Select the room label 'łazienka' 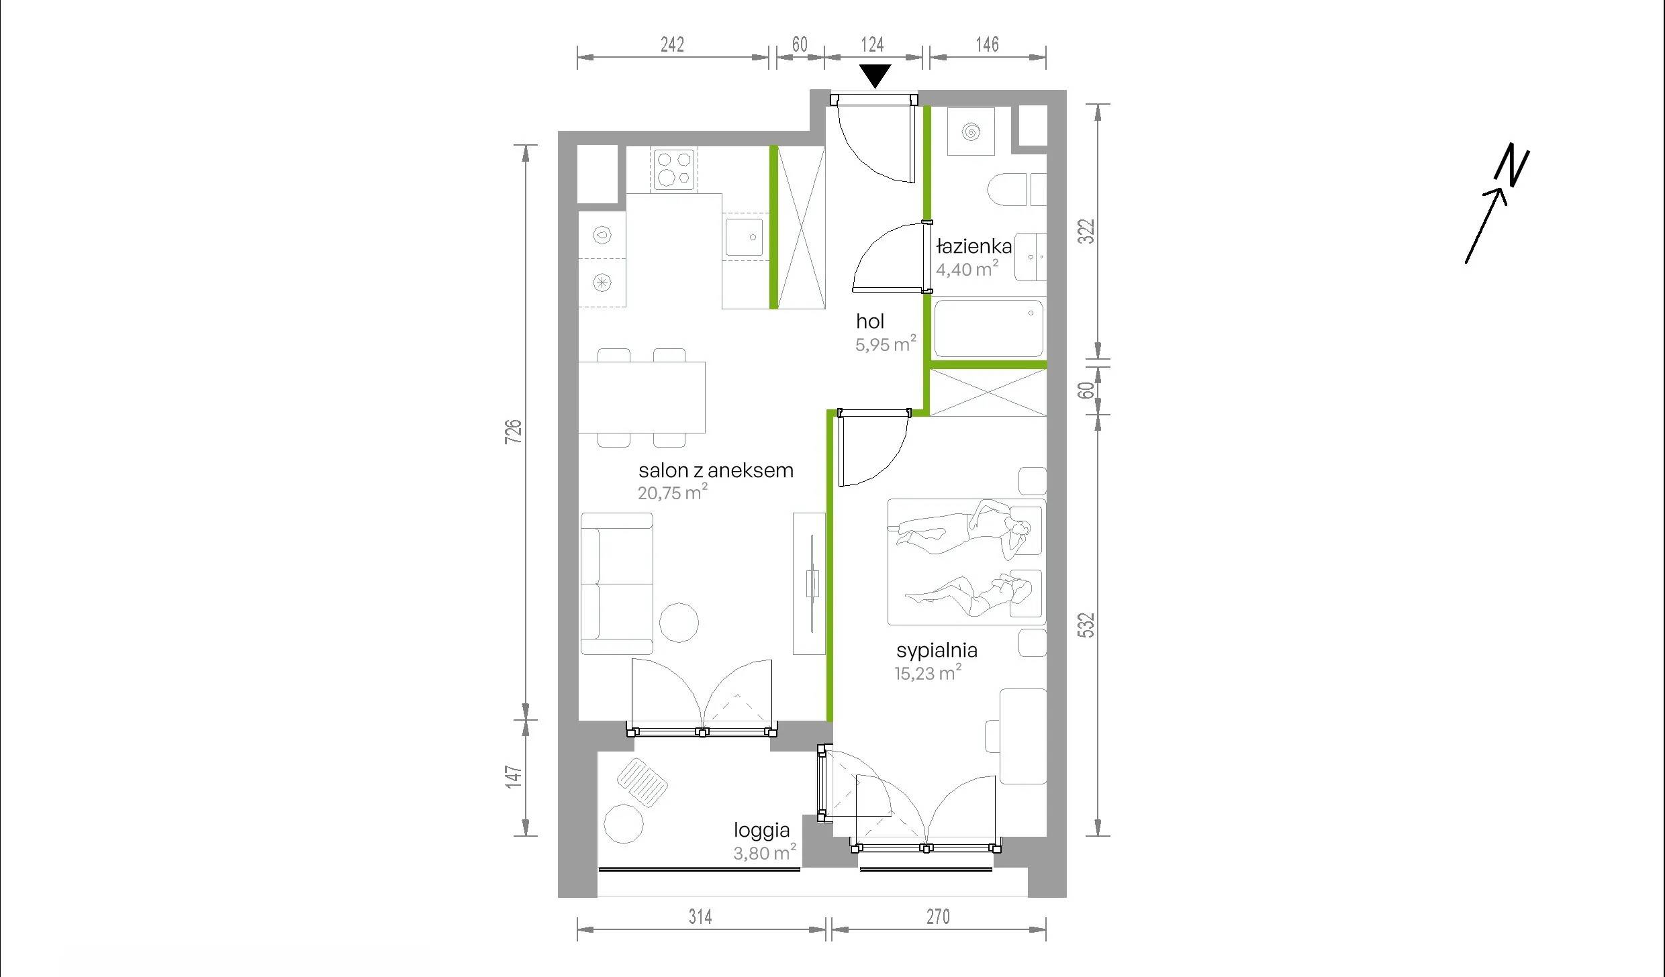(973, 246)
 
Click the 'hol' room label (870, 321)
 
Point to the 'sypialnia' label (937, 650)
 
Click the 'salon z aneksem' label (716, 470)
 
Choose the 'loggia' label (761, 831)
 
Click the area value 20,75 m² (672, 493)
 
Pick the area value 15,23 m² (928, 672)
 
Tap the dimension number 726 (513, 431)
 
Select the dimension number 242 (672, 44)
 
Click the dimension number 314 (700, 917)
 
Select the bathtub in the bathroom (989, 328)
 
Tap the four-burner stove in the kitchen (674, 168)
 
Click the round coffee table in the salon (679, 622)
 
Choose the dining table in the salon (642, 397)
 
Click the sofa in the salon (616, 584)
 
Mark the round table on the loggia (624, 823)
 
